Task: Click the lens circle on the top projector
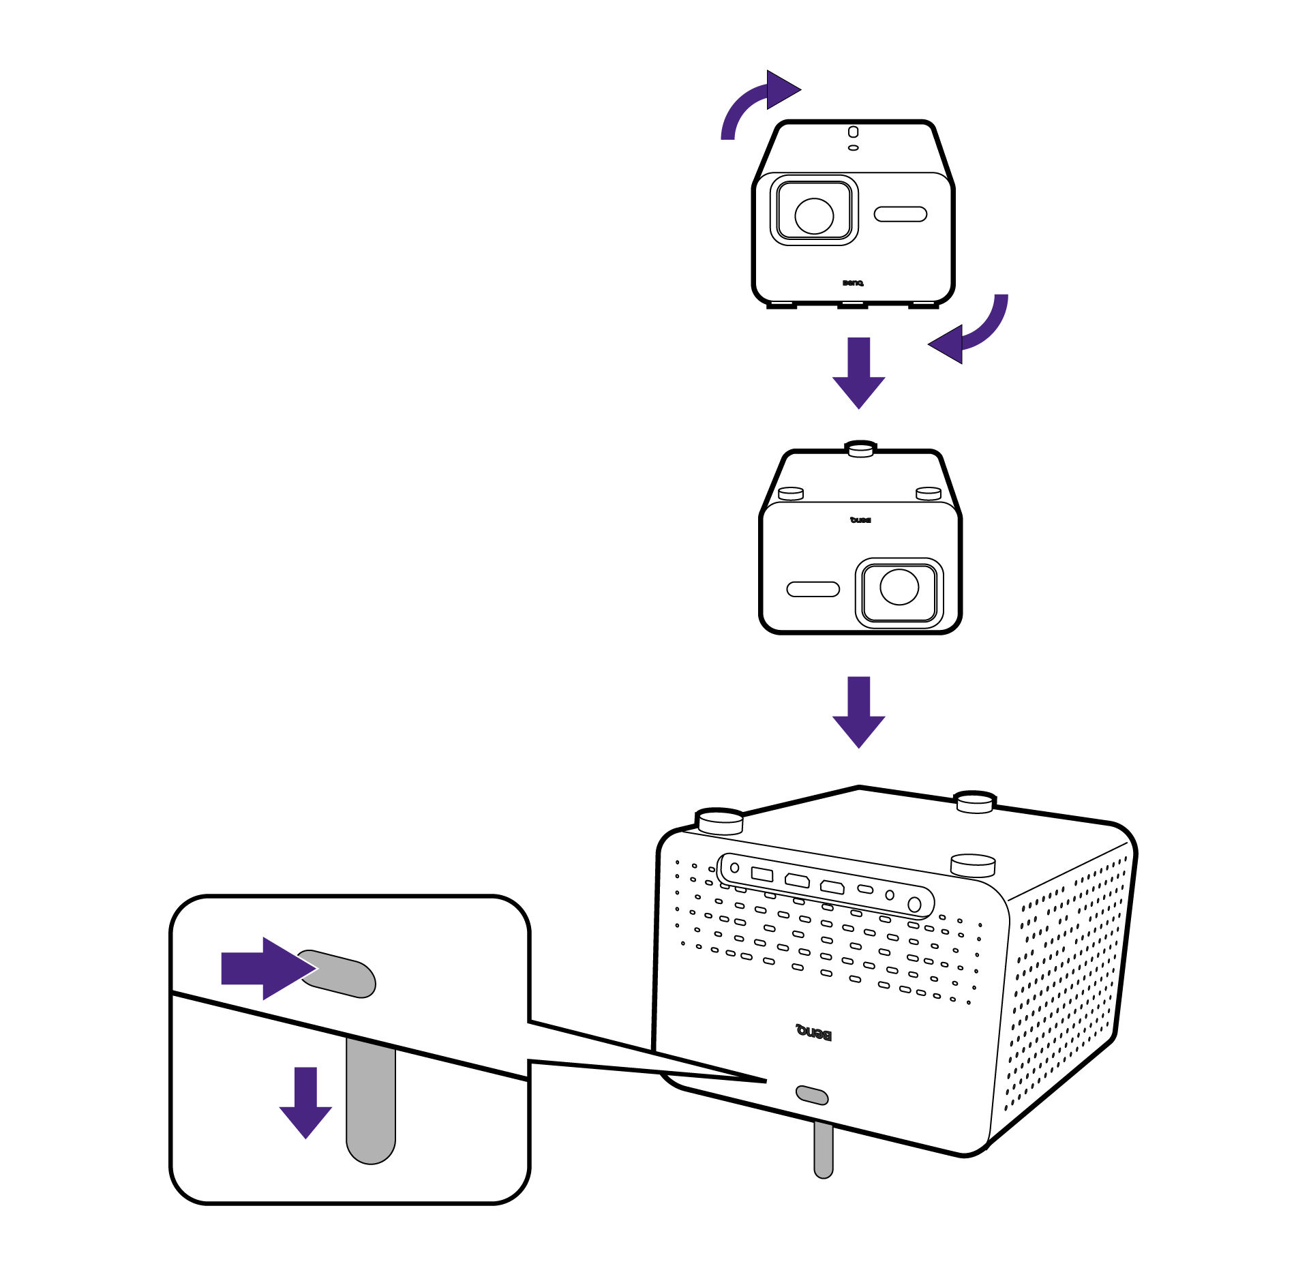813,215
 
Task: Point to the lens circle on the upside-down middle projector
899,587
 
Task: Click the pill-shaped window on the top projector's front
900,214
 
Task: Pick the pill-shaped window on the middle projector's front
813,589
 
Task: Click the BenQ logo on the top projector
852,283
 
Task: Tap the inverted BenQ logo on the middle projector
860,520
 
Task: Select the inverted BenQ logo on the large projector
813,1033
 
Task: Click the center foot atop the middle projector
860,449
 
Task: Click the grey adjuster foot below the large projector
823,1147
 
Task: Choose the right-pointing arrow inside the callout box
267,968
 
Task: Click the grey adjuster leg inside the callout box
370,1104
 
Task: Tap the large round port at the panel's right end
914,905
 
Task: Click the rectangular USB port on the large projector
762,874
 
